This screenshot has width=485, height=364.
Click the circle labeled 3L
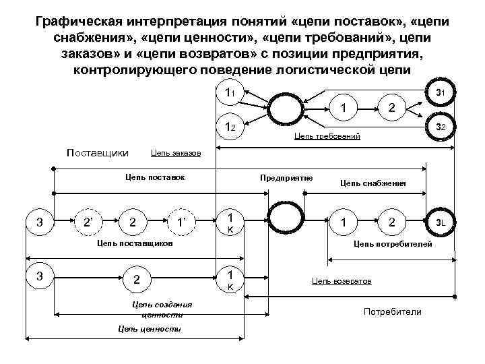(439, 222)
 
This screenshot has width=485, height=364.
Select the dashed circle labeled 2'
(88, 222)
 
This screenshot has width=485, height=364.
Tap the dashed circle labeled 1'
(181, 222)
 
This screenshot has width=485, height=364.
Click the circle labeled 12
(229, 126)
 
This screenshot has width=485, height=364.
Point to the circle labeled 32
(439, 127)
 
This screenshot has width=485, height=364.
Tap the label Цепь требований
(327, 136)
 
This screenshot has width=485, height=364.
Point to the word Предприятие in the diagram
(286, 178)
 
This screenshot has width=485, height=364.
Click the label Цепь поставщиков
(135, 242)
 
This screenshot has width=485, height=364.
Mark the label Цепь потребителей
(393, 242)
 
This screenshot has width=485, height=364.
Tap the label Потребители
(392, 311)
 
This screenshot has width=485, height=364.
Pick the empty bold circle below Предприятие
(286, 222)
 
